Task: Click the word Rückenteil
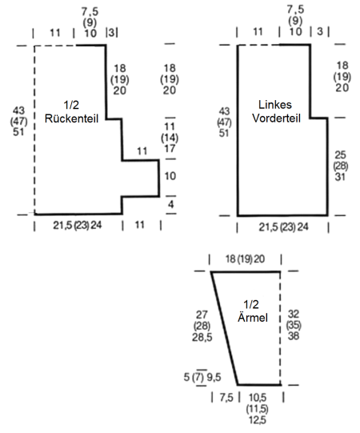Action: click(71, 118)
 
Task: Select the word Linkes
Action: click(275, 105)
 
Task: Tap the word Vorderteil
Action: click(276, 118)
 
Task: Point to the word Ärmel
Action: click(253, 317)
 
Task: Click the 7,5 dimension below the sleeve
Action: click(226, 398)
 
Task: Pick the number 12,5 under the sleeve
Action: click(258, 420)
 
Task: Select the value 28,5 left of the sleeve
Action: click(202, 337)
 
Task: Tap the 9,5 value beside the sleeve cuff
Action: click(214, 377)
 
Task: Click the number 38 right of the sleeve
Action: click(294, 336)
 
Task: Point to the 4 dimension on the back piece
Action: click(171, 204)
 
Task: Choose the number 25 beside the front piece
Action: click(340, 155)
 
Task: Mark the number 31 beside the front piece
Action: click(340, 177)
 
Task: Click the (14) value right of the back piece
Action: click(170, 138)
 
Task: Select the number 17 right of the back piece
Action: click(170, 149)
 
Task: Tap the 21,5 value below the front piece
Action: click(268, 227)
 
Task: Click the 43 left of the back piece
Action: click(18, 110)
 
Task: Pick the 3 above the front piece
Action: click(320, 31)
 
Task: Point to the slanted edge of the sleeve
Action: click(225, 328)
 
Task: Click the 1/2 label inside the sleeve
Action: click(251, 304)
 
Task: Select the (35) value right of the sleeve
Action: click(294, 325)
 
